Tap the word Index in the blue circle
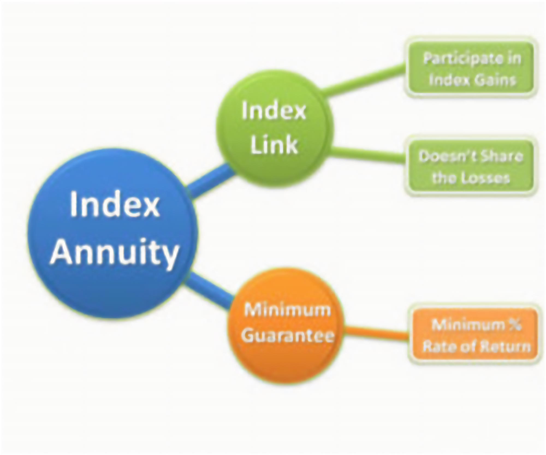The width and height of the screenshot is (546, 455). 115,205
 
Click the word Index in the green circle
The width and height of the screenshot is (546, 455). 274,111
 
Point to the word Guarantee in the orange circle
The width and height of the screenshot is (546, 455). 287,335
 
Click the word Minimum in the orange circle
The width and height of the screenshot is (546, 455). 287,310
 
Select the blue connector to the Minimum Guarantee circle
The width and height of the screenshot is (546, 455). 209,291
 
